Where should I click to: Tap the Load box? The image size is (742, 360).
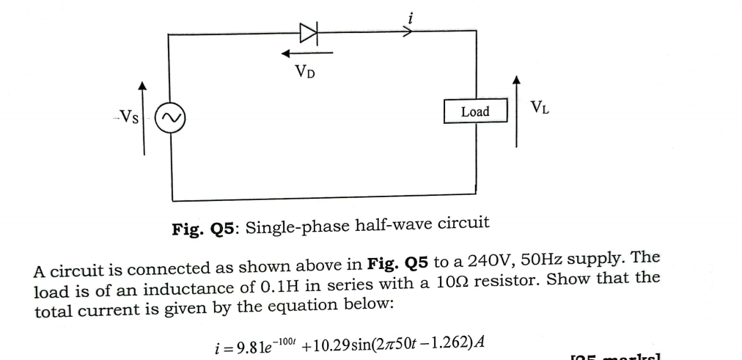475,111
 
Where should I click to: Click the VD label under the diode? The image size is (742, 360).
307,71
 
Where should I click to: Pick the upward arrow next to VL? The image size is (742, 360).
517,110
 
